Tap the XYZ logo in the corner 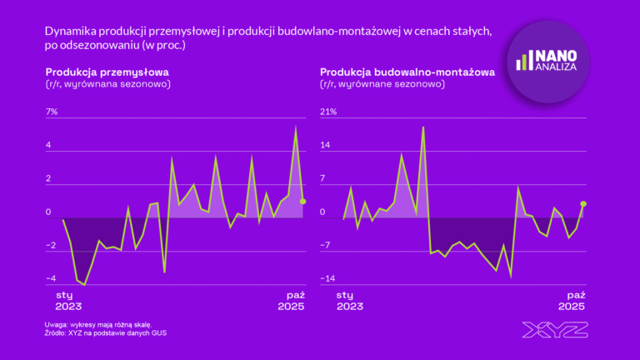(x=555, y=330)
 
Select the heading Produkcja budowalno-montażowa (x=407, y=72)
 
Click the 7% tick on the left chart (x=52, y=112)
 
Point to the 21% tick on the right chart (x=328, y=112)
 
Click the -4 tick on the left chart (x=51, y=278)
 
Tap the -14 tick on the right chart (x=328, y=278)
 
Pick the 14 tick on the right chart (x=327, y=145)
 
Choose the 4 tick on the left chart (x=49, y=145)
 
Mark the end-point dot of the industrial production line (x=303, y=201)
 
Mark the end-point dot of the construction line (x=583, y=203)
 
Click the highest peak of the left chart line (x=296, y=127)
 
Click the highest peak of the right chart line (x=423, y=127)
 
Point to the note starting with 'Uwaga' (x=98, y=324)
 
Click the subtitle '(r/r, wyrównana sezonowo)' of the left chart (x=108, y=84)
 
